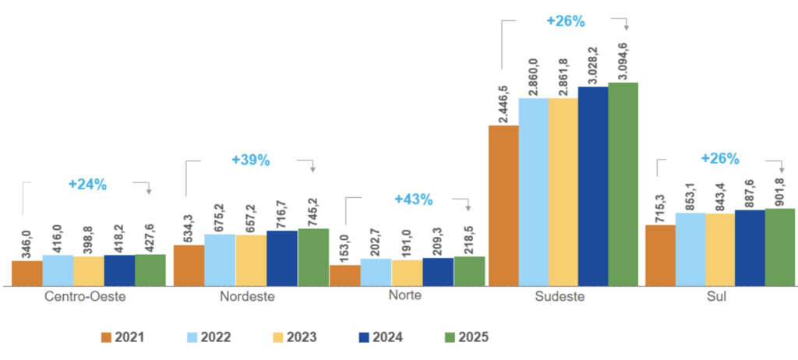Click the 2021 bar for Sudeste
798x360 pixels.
[503, 206]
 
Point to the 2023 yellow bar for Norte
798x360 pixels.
[407, 273]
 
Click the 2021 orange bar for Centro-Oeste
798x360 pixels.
[27, 274]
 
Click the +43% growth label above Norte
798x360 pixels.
[413, 199]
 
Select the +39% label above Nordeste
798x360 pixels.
[251, 161]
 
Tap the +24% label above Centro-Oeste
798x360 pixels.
[87, 185]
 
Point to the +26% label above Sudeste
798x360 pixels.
[565, 22]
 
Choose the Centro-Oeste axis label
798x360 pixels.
[85, 297]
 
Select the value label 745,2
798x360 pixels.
[313, 210]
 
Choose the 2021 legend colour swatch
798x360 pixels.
[107, 337]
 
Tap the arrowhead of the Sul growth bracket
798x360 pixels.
[781, 171]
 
